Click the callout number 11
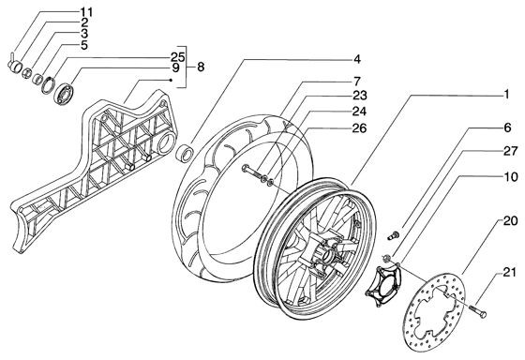[x=86, y=12]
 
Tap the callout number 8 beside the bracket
[x=201, y=67]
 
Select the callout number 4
[x=357, y=59]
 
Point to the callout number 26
[x=359, y=127]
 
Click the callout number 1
[x=506, y=94]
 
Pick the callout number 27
[x=511, y=151]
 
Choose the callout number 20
[x=511, y=220]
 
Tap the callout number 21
[x=510, y=273]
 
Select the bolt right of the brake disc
[x=477, y=310]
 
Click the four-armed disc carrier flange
[x=382, y=285]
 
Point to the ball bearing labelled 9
[x=65, y=94]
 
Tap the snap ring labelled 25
[x=48, y=85]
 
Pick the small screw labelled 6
[x=393, y=234]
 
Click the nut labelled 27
[x=386, y=258]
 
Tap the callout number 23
[x=360, y=95]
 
